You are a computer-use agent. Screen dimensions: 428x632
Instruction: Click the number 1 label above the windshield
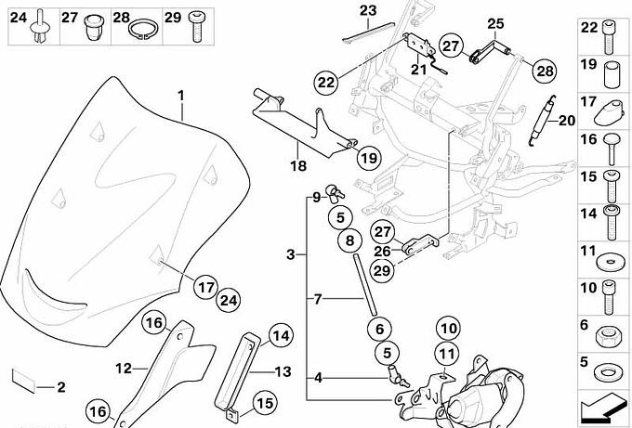[182, 95]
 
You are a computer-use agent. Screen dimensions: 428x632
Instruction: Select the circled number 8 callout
[349, 241]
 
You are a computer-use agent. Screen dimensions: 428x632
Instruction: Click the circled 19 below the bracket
[367, 158]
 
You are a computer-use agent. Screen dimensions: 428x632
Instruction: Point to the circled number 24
[229, 299]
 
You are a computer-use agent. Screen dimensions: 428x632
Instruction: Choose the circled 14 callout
[281, 336]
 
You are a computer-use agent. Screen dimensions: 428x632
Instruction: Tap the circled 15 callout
[266, 404]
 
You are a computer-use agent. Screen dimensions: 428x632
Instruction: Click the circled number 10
[447, 328]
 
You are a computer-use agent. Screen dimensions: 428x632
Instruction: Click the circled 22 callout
[325, 82]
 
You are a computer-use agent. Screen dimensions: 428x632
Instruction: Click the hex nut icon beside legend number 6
[612, 331]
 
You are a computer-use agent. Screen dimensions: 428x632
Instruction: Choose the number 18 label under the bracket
[296, 168]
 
